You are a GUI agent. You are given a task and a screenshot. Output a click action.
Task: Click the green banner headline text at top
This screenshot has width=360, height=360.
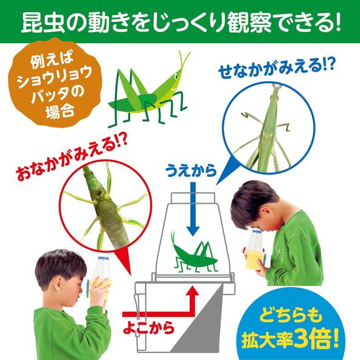tap(180, 21)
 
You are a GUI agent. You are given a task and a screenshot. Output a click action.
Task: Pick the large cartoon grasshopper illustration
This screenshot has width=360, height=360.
tap(146, 88)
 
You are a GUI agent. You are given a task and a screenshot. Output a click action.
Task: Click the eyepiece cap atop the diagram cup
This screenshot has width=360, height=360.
tap(194, 198)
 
